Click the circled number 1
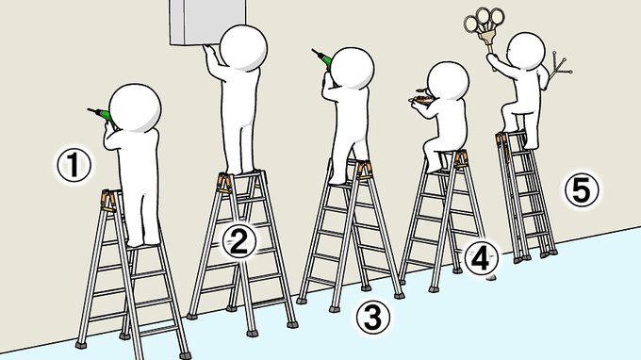(74, 166)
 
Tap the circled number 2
(239, 241)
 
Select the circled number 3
(372, 318)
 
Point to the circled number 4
(481, 258)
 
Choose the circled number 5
(582, 189)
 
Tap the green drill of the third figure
(323, 58)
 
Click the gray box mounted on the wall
(207, 22)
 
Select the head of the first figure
(135, 107)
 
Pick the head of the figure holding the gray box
(243, 47)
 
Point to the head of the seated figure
(448, 80)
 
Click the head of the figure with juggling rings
(527, 51)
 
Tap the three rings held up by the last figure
(484, 21)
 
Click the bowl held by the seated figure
(419, 99)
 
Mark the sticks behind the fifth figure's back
(559, 67)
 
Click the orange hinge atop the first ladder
(108, 201)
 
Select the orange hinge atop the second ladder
(224, 183)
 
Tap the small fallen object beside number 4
(490, 278)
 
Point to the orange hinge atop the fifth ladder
(501, 139)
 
